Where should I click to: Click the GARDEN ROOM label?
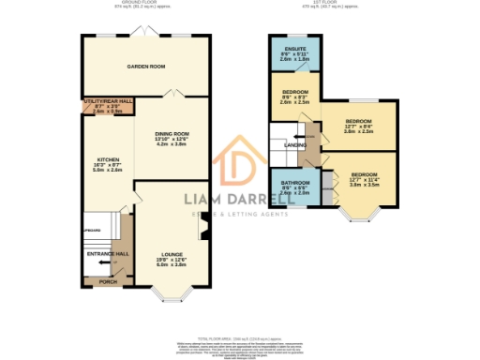(146, 67)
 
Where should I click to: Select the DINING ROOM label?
(172, 135)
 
